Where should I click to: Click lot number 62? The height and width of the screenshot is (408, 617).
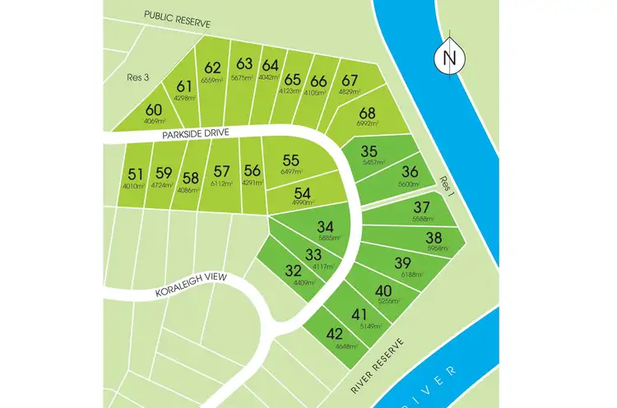pos(213,67)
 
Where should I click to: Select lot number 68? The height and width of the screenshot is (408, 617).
pos(367,113)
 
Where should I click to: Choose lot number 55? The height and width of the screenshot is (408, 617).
pos(290,160)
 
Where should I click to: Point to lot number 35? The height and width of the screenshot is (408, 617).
pos(369,151)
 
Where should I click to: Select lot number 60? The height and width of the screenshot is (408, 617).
pos(154,110)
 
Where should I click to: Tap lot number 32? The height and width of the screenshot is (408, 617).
pos(292,270)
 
